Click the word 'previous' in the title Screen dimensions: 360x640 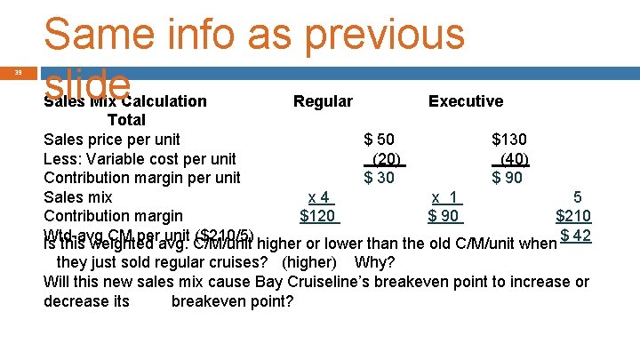click(384, 33)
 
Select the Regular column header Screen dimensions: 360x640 click(323, 101)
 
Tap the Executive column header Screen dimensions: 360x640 click(465, 101)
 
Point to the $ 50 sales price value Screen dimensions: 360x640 click(380, 140)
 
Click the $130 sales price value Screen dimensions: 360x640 click(509, 140)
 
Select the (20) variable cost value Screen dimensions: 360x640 click(387, 159)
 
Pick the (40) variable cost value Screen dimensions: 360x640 click(513, 159)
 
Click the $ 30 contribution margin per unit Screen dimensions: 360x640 click(380, 178)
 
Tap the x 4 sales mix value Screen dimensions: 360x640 click(319, 197)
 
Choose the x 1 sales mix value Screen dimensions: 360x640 click(444, 197)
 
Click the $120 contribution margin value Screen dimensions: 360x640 click(317, 216)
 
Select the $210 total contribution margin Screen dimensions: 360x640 click(573, 216)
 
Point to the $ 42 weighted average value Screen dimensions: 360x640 click(576, 236)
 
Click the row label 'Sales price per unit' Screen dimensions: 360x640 click(112, 140)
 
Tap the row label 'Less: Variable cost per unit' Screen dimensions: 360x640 click(140, 159)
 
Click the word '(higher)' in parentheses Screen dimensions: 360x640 click(308, 262)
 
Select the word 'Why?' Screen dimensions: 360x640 click(374, 262)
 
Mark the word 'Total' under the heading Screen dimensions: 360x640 click(126, 120)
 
